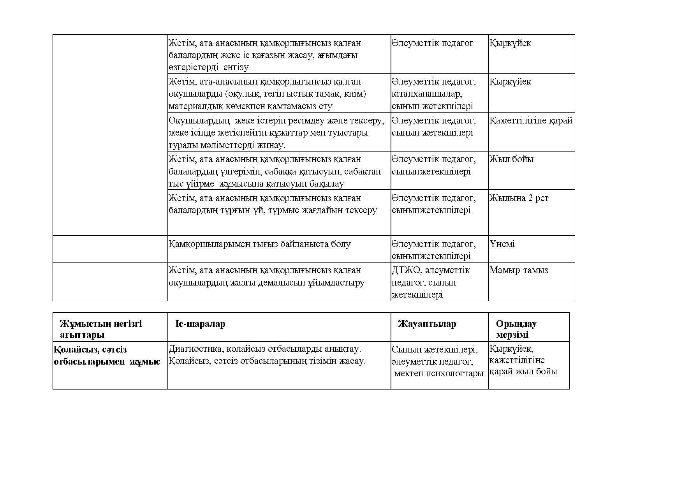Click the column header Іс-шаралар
pyautogui.click(x=200, y=324)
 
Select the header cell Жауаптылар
pyautogui.click(x=427, y=324)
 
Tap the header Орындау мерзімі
pyautogui.click(x=516, y=329)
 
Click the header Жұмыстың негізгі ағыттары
pyautogui.click(x=101, y=329)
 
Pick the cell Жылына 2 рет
pyautogui.click(x=519, y=198)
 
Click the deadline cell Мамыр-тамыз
pyautogui.click(x=519, y=270)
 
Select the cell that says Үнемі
pyautogui.click(x=502, y=244)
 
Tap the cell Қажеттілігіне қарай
pyautogui.click(x=531, y=121)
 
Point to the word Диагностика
pyautogui.click(x=196, y=349)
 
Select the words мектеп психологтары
pyautogui.click(x=439, y=374)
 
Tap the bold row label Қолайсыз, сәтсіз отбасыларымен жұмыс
pyautogui.click(x=107, y=355)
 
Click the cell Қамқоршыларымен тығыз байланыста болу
pyautogui.click(x=260, y=244)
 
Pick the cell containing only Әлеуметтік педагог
pyautogui.click(x=432, y=43)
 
